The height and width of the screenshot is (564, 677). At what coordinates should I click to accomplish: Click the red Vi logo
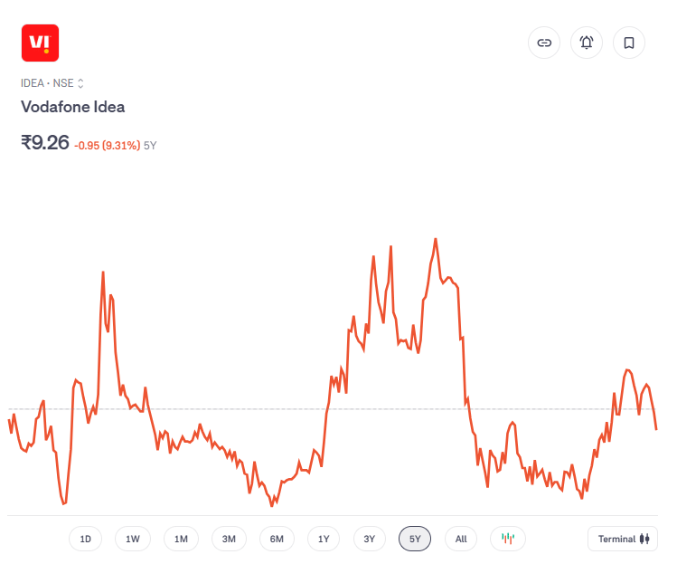tap(40, 43)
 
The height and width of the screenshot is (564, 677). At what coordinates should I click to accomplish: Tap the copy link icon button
tap(544, 43)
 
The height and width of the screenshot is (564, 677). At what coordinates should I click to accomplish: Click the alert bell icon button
tap(587, 43)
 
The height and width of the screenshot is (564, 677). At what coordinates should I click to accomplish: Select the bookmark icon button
tap(629, 43)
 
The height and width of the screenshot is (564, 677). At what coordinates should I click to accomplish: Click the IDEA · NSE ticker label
tap(52, 83)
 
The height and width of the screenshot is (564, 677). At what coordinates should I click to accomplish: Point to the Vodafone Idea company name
tap(73, 107)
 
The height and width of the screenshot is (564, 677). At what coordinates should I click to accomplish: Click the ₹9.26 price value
tap(45, 142)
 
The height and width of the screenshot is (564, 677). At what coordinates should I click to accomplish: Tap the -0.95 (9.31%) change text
tap(107, 145)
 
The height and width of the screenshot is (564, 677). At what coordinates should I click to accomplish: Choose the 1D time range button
tap(86, 540)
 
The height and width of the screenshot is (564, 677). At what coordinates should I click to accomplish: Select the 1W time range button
tap(133, 540)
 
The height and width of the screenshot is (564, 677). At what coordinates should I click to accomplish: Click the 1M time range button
tap(181, 540)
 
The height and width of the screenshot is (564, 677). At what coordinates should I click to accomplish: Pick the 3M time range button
tap(229, 540)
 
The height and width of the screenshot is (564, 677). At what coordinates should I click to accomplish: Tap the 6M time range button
tap(277, 540)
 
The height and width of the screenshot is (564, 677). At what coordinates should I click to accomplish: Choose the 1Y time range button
tap(324, 540)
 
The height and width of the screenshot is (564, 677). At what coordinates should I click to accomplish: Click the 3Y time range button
tap(370, 540)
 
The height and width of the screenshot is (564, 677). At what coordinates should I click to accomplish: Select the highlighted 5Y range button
tap(415, 540)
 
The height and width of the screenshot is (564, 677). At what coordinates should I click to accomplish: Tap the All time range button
tap(461, 540)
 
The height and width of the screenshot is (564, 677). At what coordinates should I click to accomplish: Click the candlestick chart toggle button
tap(508, 540)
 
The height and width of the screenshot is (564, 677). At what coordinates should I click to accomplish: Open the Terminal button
tap(623, 540)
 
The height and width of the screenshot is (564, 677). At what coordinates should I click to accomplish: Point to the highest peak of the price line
tap(436, 239)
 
